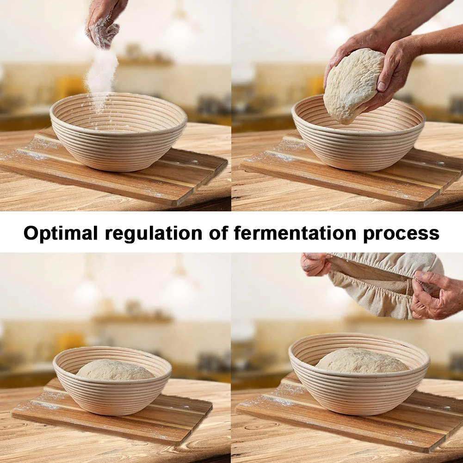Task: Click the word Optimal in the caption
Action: click(x=61, y=233)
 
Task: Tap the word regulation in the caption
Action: click(x=154, y=233)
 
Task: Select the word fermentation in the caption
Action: click(x=295, y=233)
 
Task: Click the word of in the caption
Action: click(x=219, y=233)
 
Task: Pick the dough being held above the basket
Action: click(x=353, y=86)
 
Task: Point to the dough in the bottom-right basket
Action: click(x=362, y=361)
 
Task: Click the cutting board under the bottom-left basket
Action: click(x=112, y=414)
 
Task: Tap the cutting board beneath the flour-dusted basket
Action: click(x=115, y=168)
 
